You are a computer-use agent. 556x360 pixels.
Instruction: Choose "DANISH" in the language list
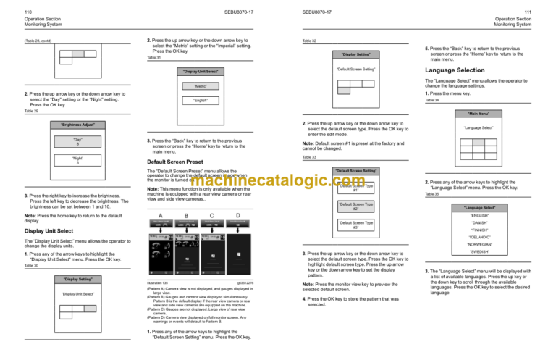point(493,225)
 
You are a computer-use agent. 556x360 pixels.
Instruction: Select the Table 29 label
point(30,111)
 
